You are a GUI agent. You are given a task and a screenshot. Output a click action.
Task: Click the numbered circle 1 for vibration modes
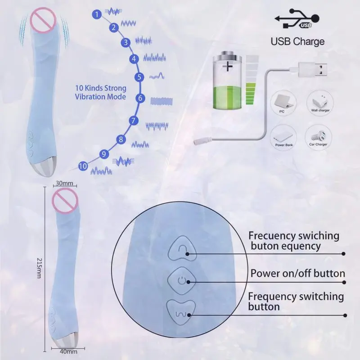click(x=96, y=14)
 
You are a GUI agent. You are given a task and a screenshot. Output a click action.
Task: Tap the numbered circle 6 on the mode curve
click(x=140, y=98)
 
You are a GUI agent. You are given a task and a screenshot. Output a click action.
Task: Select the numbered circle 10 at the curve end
click(x=82, y=166)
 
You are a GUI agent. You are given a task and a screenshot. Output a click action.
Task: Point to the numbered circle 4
click(x=134, y=58)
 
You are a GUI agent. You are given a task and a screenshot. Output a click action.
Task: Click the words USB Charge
click(x=297, y=42)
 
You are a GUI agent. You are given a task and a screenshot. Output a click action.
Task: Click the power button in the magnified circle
click(x=181, y=281)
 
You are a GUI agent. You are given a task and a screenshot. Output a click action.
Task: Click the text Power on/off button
click(x=297, y=274)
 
